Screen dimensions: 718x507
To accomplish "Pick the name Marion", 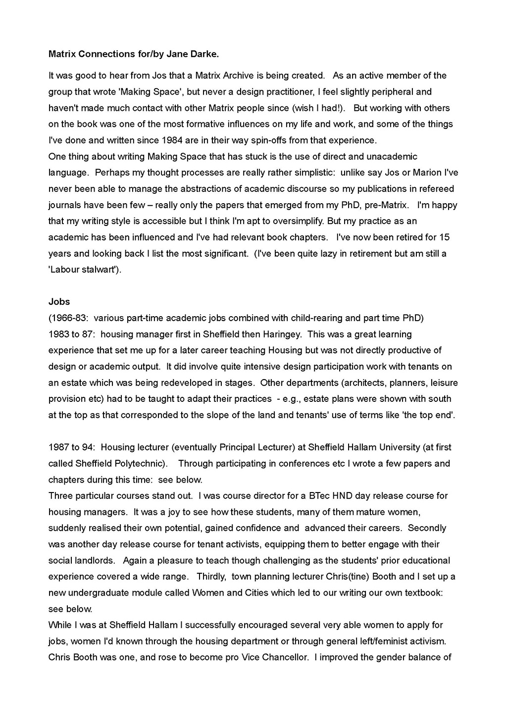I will click(426, 172).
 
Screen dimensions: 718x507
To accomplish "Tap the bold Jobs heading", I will click(59, 302).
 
